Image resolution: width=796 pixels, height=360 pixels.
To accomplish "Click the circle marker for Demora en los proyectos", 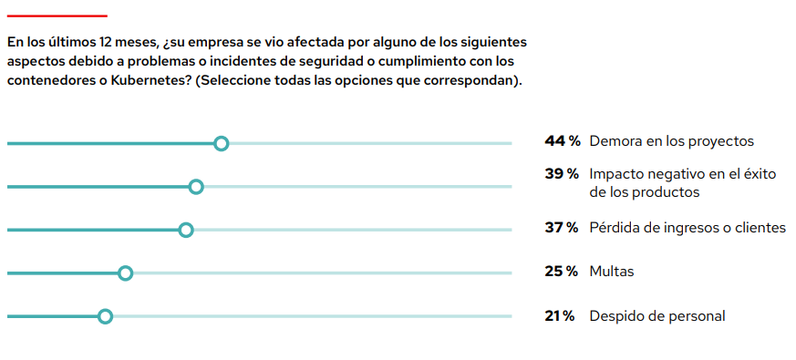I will click(221, 143).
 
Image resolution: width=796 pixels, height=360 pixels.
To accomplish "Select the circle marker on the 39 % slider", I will click(195, 187).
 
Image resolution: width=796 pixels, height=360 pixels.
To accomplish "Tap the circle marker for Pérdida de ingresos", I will click(186, 230).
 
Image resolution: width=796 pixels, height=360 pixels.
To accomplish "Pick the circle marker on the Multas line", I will click(126, 273).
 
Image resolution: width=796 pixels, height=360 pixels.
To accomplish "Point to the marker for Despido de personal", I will click(105, 316).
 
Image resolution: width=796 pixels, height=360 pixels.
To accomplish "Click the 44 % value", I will click(562, 141).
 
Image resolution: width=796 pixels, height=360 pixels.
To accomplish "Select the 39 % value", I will click(562, 174).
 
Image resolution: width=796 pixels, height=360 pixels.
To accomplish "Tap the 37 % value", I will click(562, 228).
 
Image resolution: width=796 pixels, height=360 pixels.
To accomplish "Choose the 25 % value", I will click(562, 272).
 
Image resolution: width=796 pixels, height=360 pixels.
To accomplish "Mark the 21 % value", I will click(560, 316).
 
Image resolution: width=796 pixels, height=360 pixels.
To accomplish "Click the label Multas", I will click(611, 272).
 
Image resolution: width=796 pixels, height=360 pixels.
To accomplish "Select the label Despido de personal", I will click(656, 316).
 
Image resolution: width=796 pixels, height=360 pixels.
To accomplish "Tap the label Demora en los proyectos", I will click(671, 141).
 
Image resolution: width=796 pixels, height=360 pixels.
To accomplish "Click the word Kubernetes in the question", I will click(151, 80).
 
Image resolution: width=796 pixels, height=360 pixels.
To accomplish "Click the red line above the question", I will click(57, 15).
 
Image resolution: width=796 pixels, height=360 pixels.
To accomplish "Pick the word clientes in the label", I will click(760, 228).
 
